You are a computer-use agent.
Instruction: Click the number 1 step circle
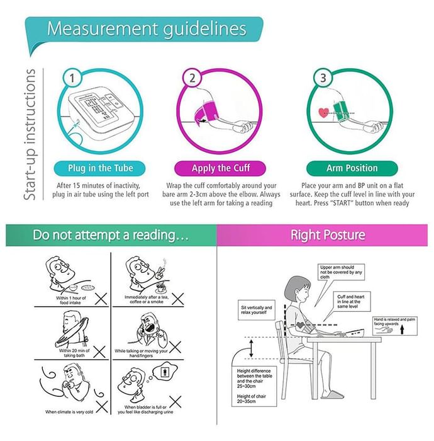(x=72, y=78)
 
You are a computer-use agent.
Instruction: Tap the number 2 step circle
(x=192, y=78)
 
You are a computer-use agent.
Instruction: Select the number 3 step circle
(x=323, y=78)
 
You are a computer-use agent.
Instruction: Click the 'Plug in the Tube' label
(x=100, y=168)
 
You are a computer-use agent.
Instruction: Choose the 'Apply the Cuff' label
(x=220, y=168)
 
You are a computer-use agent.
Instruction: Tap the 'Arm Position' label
(x=352, y=168)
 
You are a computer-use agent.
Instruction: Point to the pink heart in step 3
(x=323, y=113)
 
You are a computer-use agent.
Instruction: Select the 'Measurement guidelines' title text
(x=147, y=29)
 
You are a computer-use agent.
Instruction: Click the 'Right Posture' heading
(x=328, y=235)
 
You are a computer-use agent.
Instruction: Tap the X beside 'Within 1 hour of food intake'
(x=101, y=299)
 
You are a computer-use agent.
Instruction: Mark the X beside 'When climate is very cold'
(x=102, y=407)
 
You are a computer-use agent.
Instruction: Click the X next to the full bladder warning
(x=175, y=402)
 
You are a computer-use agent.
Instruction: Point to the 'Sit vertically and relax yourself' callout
(x=256, y=310)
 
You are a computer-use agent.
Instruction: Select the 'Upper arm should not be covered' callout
(x=341, y=272)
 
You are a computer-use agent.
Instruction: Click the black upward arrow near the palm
(x=402, y=329)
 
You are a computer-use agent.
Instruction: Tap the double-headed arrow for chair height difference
(x=251, y=348)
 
